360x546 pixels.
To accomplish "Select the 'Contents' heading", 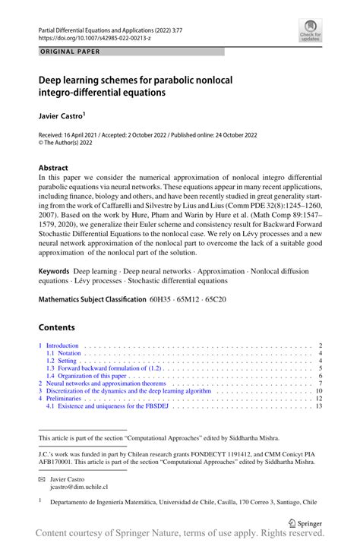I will [x=57, y=327].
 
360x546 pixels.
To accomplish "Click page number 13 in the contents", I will [x=320, y=406].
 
